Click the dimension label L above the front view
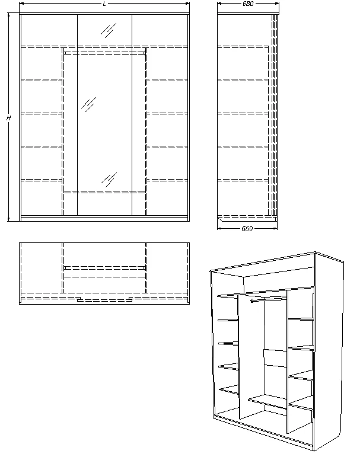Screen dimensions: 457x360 (104, 4)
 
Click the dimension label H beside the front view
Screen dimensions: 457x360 (8, 118)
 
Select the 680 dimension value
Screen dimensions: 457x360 (248, 4)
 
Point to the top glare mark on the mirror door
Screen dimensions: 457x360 (108, 30)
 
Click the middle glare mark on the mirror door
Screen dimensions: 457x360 (89, 104)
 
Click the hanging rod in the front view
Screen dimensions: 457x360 (104, 53)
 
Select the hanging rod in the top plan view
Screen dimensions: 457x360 (104, 268)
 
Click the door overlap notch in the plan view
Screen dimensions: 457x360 (104, 299)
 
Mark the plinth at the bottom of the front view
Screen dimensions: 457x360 (104, 218)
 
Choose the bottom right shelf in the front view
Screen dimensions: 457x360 (167, 180)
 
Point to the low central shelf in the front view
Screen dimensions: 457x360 (104, 191)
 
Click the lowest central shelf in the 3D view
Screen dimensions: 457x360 (267, 402)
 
